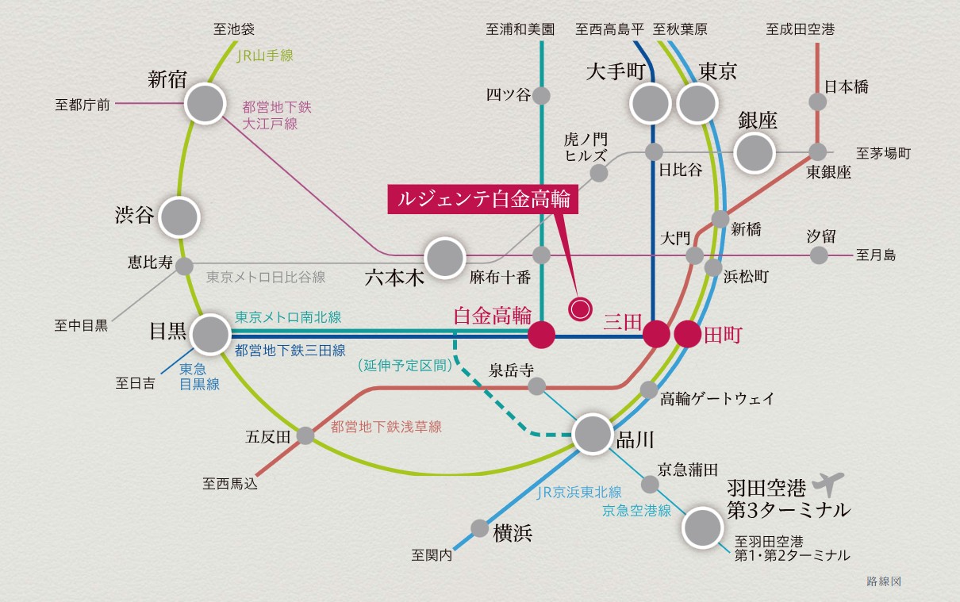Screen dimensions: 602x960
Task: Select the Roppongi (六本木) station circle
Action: [444, 258]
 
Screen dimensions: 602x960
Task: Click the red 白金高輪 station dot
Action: [542, 335]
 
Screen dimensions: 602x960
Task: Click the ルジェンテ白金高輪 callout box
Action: [483, 200]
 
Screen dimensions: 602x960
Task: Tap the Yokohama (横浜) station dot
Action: [480, 528]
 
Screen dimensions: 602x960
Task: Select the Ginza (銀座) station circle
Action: [754, 153]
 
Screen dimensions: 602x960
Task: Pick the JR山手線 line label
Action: [265, 56]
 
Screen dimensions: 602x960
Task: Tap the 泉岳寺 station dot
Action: [537, 386]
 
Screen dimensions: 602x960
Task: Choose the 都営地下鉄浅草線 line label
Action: [386, 428]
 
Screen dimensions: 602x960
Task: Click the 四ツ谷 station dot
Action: [542, 96]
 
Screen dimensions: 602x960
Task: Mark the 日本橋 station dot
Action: [818, 102]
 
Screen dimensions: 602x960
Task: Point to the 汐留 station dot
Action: [820, 255]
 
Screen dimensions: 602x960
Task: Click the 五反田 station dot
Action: [305, 435]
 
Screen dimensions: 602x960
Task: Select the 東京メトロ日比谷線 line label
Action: [266, 278]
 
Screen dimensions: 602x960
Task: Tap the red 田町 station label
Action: [723, 335]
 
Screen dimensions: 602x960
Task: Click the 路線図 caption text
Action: [884, 581]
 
